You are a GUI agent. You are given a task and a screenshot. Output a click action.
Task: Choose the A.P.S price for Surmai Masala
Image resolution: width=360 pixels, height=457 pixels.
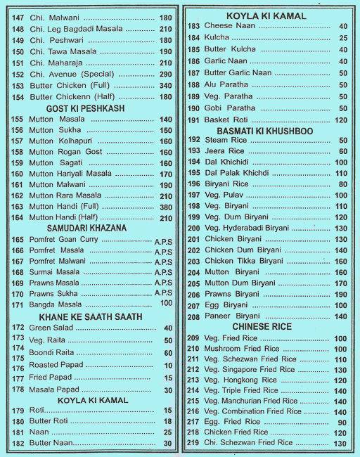(163, 271)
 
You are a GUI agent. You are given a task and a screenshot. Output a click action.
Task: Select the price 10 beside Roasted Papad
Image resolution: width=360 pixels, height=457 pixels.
(167, 366)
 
